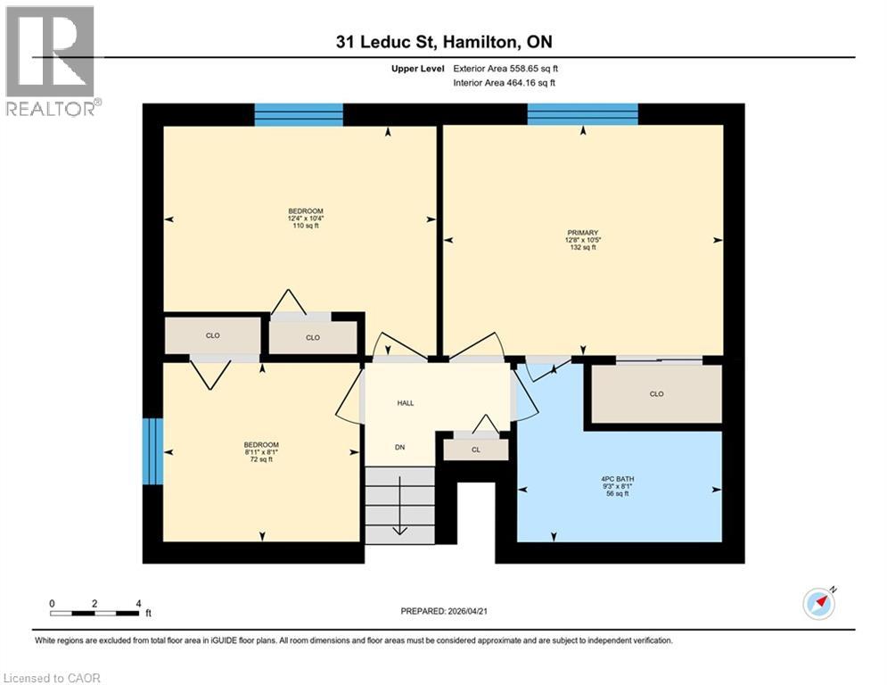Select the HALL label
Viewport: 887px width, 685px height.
pyautogui.click(x=406, y=403)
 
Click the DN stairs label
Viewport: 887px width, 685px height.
pyautogui.click(x=400, y=447)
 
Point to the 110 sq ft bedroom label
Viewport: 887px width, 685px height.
pyautogui.click(x=305, y=219)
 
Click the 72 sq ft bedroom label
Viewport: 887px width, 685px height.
pyautogui.click(x=261, y=452)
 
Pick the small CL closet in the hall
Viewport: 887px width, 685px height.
pyautogui.click(x=475, y=450)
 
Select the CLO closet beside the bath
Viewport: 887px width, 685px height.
pyautogui.click(x=656, y=394)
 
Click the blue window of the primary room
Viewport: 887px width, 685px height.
pyautogui.click(x=582, y=114)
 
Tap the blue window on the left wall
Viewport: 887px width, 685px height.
pyautogui.click(x=153, y=451)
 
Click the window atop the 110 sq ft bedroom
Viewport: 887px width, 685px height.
pyautogui.click(x=299, y=114)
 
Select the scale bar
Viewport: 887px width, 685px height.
pyautogui.click(x=94, y=613)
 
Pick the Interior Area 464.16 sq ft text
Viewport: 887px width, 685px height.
pyautogui.click(x=506, y=83)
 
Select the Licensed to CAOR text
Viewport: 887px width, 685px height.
pyautogui.click(x=52, y=678)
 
